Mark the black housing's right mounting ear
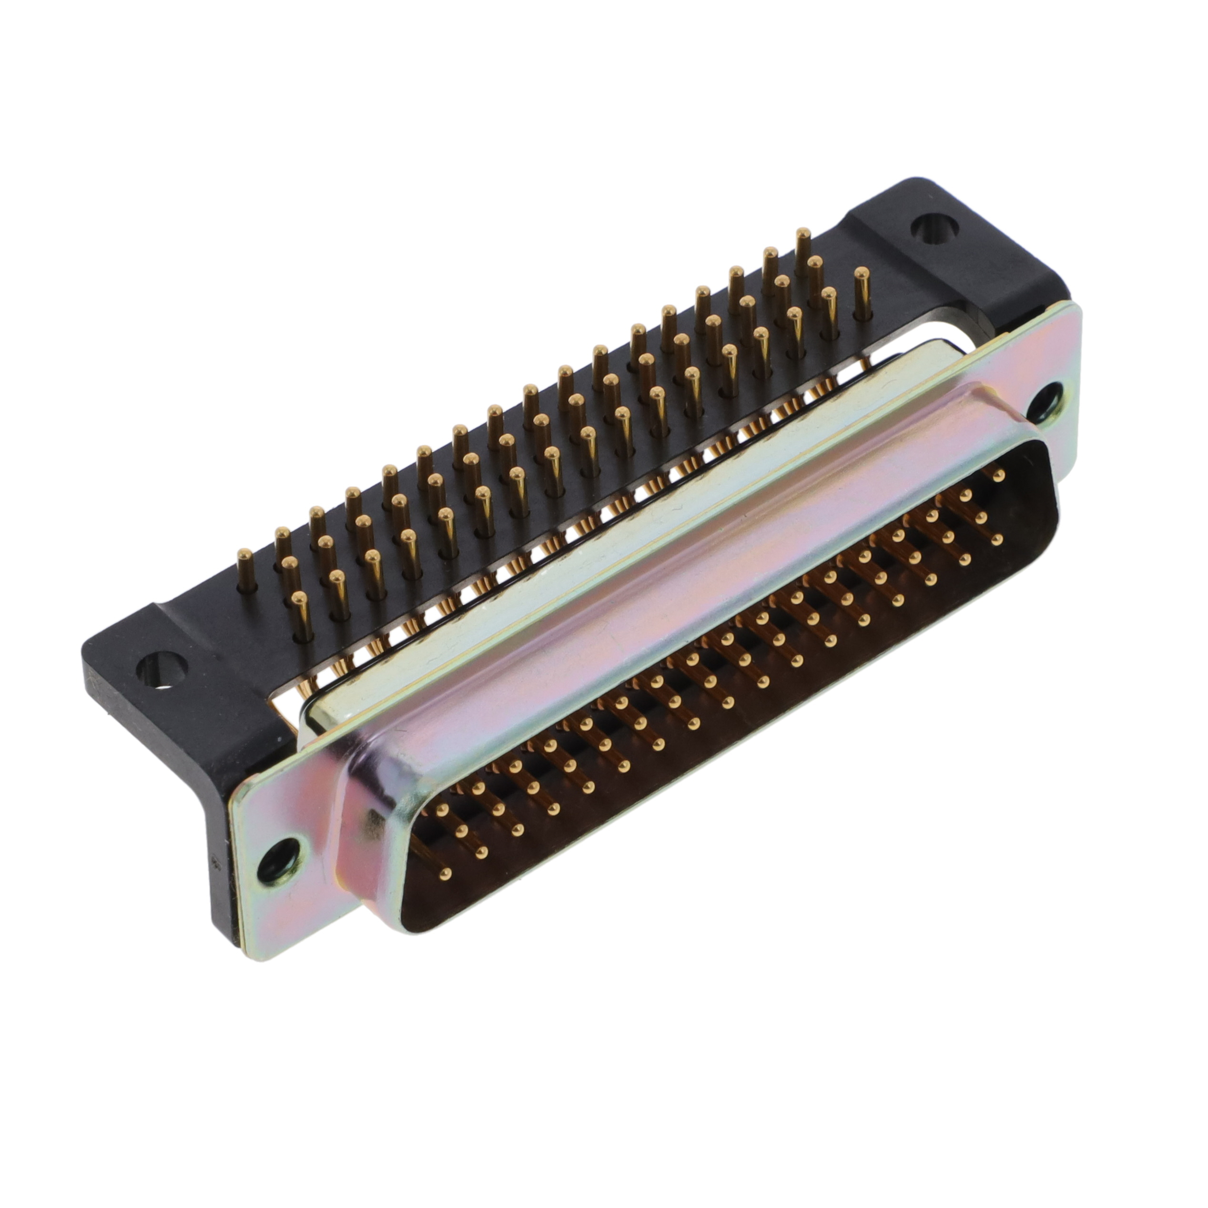pos(925,250)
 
